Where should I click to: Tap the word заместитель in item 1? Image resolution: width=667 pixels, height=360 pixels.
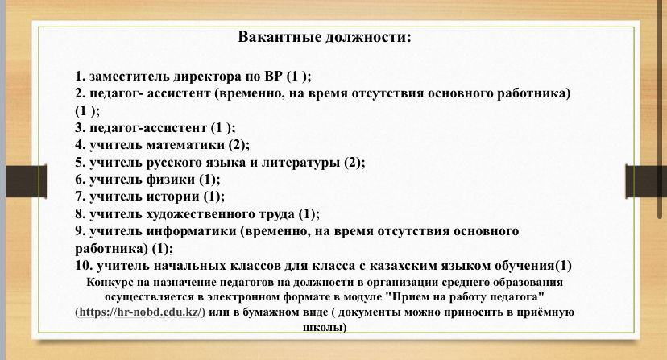click(130, 77)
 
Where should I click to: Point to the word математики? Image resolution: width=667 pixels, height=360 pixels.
click(185, 145)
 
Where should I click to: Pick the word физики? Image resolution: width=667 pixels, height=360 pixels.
click(171, 180)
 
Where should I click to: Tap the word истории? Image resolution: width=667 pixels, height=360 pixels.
click(172, 197)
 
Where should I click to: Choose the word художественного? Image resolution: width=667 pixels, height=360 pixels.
click(221, 214)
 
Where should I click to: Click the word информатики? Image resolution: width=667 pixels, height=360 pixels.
click(192, 231)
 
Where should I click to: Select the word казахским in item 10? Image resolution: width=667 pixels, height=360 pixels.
click(402, 266)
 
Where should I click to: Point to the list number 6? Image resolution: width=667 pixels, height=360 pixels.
click(81, 180)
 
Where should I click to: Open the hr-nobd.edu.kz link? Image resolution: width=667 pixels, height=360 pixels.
click(139, 312)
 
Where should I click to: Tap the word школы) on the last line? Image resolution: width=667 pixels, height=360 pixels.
click(325, 328)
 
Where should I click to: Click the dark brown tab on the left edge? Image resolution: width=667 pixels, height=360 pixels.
click(26, 181)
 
